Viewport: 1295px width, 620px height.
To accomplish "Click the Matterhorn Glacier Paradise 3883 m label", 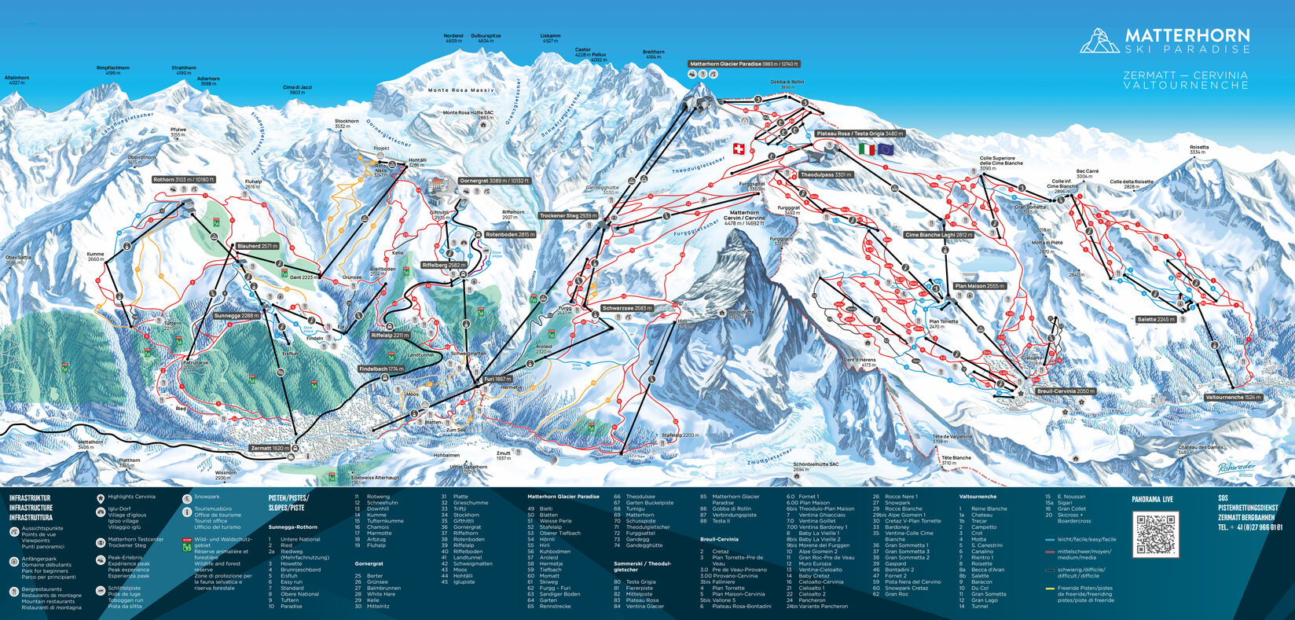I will (x=743, y=64).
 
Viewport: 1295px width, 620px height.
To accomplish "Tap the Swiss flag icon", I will (x=738, y=149).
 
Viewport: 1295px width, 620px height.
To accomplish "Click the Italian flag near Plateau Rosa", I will (x=867, y=149).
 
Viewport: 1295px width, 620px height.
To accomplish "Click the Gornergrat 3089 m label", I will (x=495, y=181).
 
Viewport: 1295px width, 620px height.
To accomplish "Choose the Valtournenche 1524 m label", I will (x=1232, y=398).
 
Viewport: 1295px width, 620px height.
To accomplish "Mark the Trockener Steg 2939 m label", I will (x=568, y=215).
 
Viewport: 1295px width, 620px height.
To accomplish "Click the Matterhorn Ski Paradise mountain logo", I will (x=1099, y=40).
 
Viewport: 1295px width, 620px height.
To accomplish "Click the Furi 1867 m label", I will (x=497, y=379).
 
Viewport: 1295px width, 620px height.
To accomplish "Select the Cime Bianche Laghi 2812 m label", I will (x=939, y=235).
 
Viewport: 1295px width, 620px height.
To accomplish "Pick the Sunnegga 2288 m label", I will (x=237, y=316).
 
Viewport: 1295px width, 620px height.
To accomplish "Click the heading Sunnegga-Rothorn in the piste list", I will (x=294, y=527).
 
